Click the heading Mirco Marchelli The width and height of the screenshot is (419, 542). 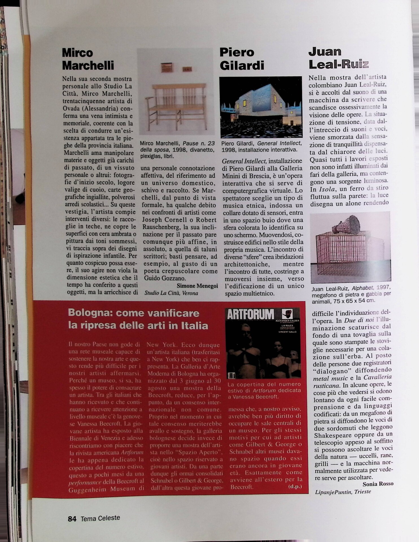88,59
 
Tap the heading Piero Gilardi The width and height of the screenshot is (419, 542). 242,59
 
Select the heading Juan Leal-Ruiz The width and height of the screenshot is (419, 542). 338,58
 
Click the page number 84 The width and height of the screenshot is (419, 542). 72,519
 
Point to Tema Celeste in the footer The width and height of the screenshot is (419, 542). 100,518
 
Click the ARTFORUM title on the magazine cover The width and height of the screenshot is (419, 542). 250,314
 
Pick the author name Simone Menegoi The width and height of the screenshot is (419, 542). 197,286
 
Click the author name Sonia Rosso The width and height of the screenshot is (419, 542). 378,484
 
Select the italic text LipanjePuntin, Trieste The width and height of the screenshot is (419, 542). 343,492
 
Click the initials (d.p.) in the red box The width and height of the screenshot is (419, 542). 295,487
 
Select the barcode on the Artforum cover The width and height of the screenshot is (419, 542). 232,376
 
